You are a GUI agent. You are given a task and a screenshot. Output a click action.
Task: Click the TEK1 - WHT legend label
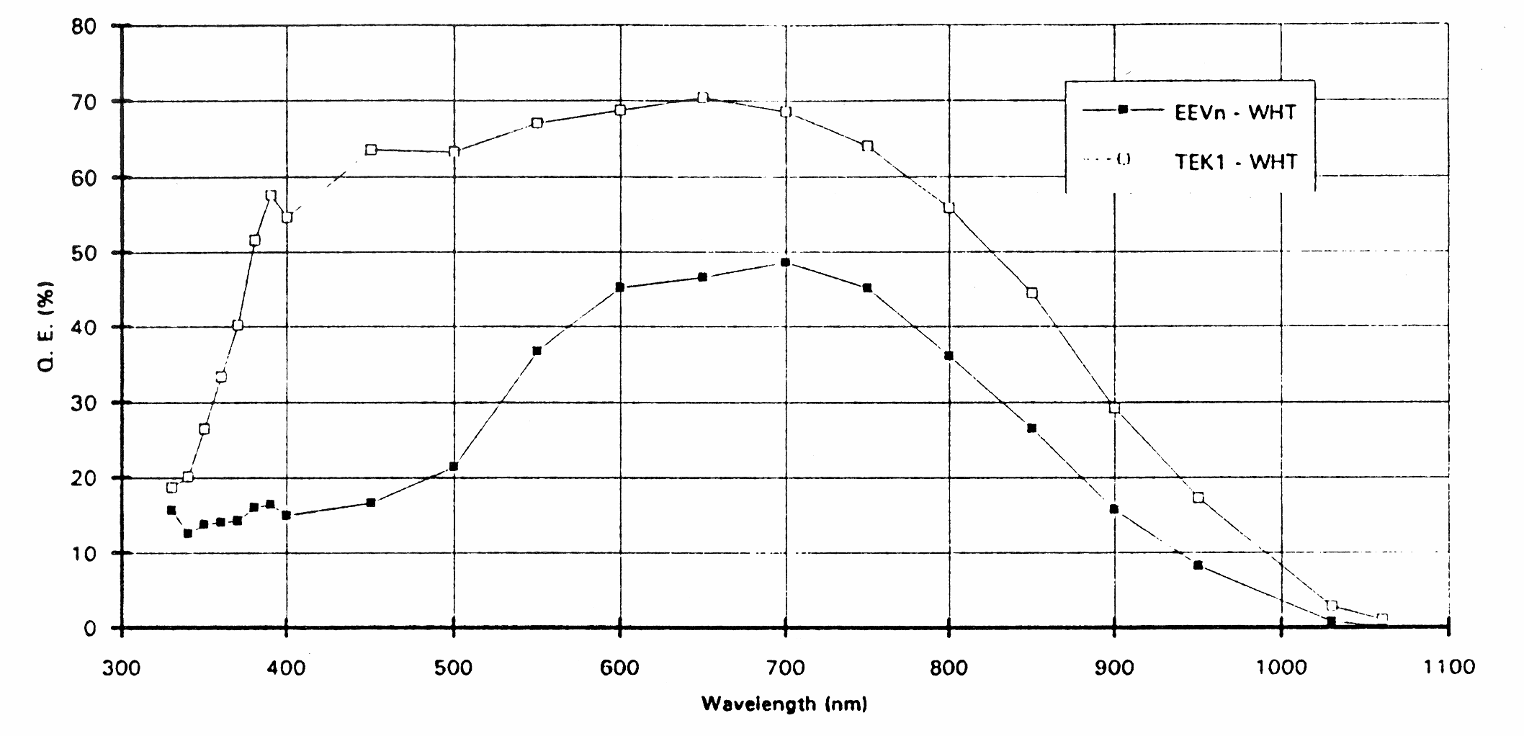1236,162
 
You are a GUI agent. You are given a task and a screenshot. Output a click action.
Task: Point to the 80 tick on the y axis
85,27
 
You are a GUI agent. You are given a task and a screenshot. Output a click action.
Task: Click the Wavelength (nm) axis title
784,704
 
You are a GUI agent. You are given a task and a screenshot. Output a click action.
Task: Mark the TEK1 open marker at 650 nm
703,98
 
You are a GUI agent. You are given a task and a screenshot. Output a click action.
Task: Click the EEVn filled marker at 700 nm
785,263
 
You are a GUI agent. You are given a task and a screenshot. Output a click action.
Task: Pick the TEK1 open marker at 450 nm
371,150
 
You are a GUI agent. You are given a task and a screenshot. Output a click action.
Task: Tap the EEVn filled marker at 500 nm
453,467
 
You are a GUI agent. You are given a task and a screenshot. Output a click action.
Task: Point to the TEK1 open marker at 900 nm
1114,408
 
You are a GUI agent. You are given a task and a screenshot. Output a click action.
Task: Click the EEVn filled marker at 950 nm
1198,565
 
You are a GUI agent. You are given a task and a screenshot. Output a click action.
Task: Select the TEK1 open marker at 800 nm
949,208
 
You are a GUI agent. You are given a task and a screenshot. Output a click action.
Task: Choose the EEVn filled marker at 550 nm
537,351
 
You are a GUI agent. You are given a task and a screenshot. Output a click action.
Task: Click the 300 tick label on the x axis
121,668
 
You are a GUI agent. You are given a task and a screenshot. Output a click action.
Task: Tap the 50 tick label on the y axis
85,253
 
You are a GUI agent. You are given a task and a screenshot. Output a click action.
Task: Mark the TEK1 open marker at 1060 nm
1382,619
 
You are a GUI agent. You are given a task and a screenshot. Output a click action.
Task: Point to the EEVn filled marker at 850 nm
1031,428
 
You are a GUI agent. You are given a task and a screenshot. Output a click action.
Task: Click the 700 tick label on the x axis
785,668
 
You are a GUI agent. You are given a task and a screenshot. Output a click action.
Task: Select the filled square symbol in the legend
1122,109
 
